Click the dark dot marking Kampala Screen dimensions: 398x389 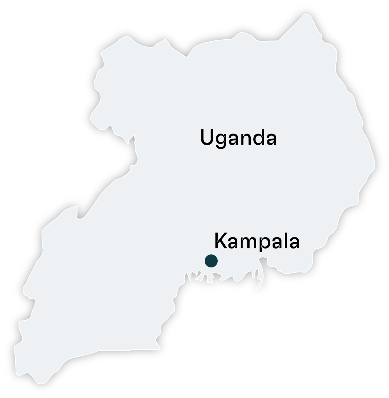point(211,261)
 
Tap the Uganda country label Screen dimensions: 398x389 point(238,138)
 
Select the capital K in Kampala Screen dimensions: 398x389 point(221,241)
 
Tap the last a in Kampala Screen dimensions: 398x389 point(293,243)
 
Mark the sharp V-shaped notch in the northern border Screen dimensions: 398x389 point(186,56)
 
